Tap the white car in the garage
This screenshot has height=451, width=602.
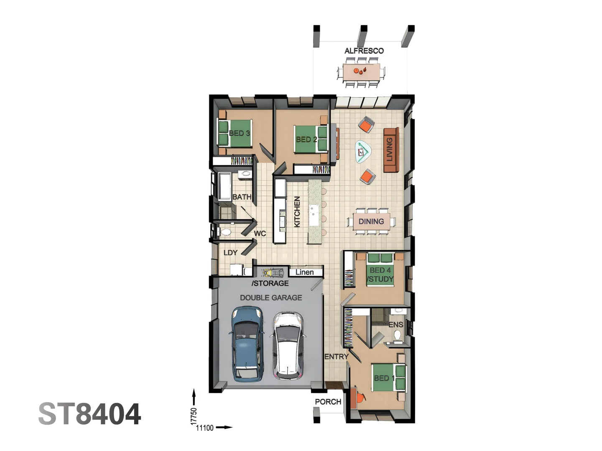coord(288,345)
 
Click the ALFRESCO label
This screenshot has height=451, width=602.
coord(364,51)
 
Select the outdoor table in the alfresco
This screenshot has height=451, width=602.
coord(361,71)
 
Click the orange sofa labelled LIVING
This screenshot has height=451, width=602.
coord(391,149)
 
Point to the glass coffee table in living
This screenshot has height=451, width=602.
coord(362,151)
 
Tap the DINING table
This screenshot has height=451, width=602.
coord(371,221)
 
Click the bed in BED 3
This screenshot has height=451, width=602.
coord(235,133)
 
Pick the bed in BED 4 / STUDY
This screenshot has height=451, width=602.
coord(380,274)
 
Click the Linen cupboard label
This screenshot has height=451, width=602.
coord(305,272)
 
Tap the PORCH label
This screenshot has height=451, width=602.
coord(328,402)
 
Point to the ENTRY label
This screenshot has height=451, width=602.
coord(336,357)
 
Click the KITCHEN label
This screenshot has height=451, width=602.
coord(297,212)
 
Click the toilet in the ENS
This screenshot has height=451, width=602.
coord(397,335)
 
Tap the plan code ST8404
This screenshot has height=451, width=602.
coord(90,414)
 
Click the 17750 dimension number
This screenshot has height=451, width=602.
coord(194,416)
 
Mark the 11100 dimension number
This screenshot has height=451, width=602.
coord(205,428)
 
